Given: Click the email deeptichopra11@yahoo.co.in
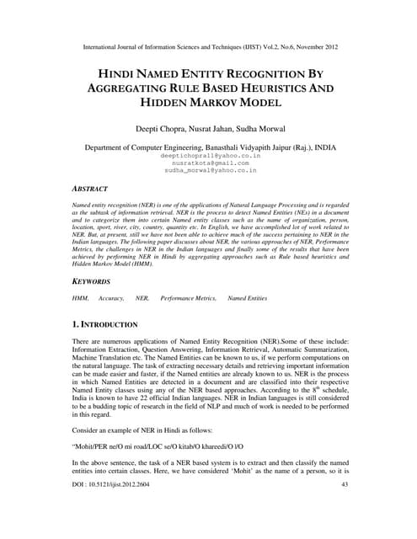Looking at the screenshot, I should pos(208,156).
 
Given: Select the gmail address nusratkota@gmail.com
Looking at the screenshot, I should pos(208,163).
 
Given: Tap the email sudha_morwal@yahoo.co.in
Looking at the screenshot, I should pos(208,170).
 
